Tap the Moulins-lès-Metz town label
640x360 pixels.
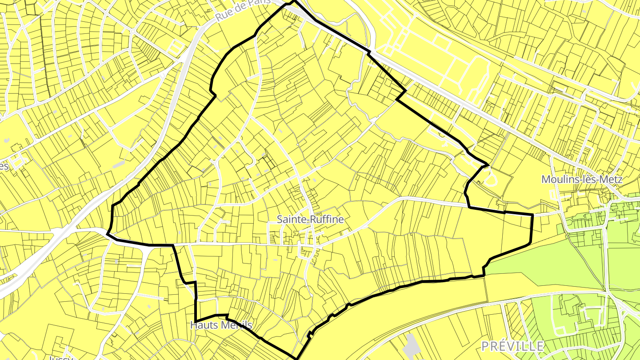(582, 180)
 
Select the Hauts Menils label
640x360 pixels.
(221, 325)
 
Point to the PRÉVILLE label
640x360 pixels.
(513, 346)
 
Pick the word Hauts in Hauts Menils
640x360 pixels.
(203, 325)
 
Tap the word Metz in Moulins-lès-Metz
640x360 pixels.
(611, 180)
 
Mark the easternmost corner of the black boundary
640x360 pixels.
(532, 215)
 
